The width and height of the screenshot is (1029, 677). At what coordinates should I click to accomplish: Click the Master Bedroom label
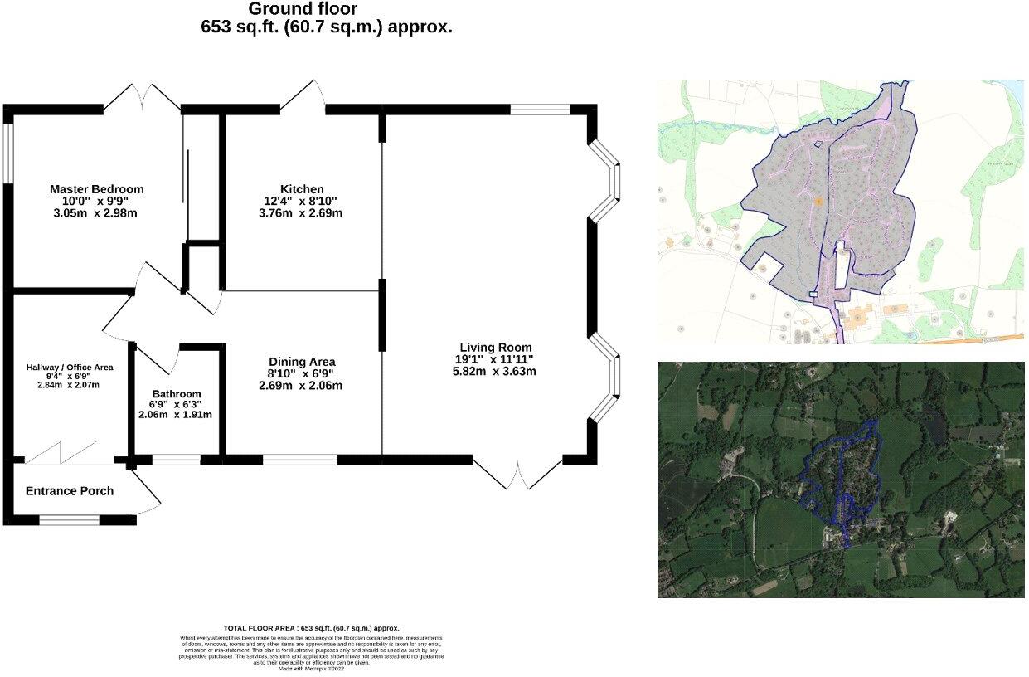(96, 189)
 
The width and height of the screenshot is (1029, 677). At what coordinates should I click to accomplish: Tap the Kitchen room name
(301, 189)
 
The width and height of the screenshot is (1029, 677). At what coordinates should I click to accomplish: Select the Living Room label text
(496, 348)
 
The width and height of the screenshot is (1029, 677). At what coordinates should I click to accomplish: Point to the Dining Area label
(302, 362)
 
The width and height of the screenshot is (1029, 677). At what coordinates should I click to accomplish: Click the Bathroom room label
(176, 394)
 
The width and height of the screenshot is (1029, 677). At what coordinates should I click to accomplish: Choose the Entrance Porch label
(70, 491)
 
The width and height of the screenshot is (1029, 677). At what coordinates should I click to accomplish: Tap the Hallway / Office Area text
(70, 367)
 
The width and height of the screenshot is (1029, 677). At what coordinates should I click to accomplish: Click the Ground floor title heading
(303, 9)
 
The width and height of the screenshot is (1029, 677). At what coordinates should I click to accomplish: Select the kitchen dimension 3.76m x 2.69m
(301, 213)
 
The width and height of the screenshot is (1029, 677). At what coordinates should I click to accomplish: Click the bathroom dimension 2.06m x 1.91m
(177, 415)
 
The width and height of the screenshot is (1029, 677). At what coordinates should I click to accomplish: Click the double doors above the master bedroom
(142, 96)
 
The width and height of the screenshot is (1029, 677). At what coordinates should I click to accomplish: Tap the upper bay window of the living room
(606, 181)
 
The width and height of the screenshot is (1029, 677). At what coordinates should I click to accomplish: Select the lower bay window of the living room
(606, 377)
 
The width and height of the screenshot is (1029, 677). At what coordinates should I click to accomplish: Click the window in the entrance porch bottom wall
(69, 520)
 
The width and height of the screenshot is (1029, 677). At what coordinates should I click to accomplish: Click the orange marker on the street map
(818, 201)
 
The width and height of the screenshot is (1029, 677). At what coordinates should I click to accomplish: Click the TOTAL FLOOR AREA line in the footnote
(312, 628)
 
